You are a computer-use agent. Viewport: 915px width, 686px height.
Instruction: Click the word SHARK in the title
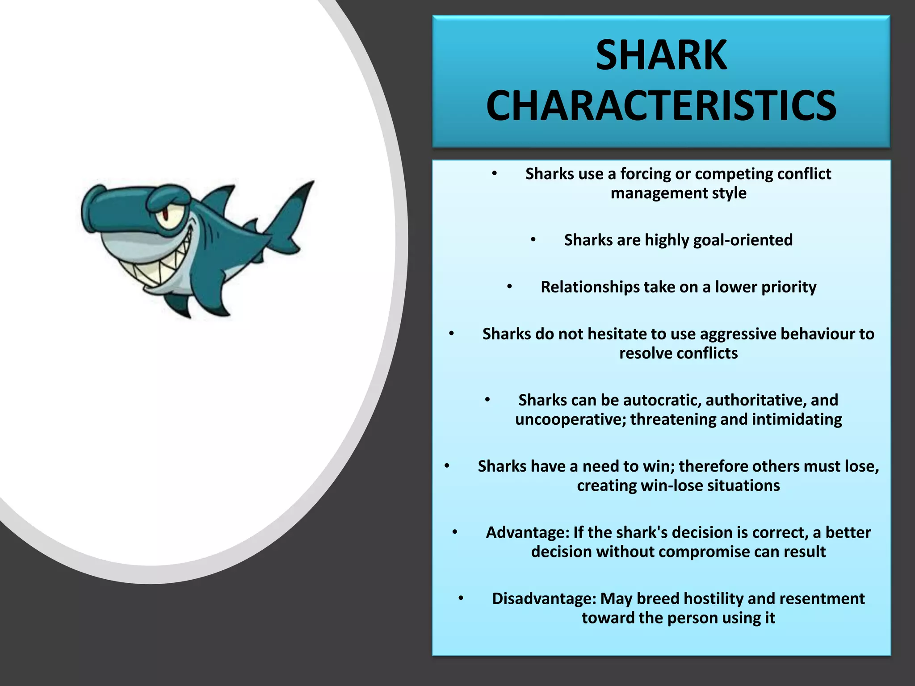pyautogui.click(x=661, y=55)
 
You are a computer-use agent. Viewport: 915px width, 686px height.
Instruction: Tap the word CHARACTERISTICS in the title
pyautogui.click(x=661, y=106)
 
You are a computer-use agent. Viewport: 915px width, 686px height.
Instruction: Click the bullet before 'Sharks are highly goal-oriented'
pyautogui.click(x=533, y=240)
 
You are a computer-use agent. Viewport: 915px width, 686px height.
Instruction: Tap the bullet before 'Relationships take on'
pyautogui.click(x=509, y=287)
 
